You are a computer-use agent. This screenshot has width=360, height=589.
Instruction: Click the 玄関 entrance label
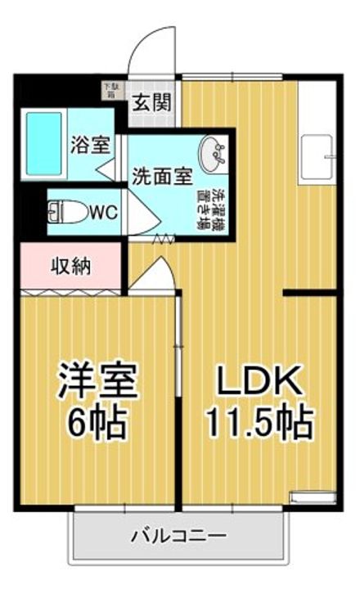click(151, 104)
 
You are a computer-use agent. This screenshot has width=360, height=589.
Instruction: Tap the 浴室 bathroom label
click(89, 146)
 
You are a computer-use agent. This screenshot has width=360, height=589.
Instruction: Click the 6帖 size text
click(96, 421)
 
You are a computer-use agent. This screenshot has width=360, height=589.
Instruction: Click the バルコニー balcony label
click(179, 537)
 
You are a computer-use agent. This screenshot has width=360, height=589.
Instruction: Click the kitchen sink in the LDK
click(316, 157)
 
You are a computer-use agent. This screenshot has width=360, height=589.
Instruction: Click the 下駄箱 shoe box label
click(110, 88)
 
